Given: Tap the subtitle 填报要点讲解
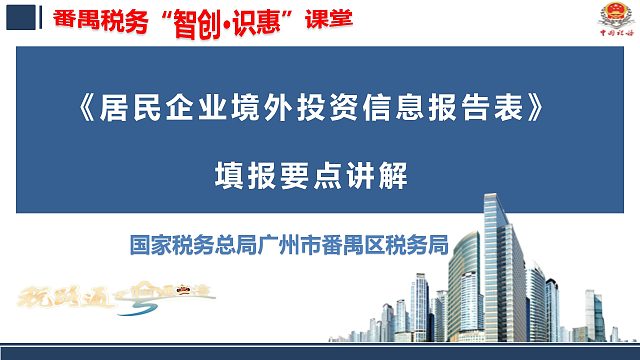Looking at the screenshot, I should (x=313, y=173).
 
